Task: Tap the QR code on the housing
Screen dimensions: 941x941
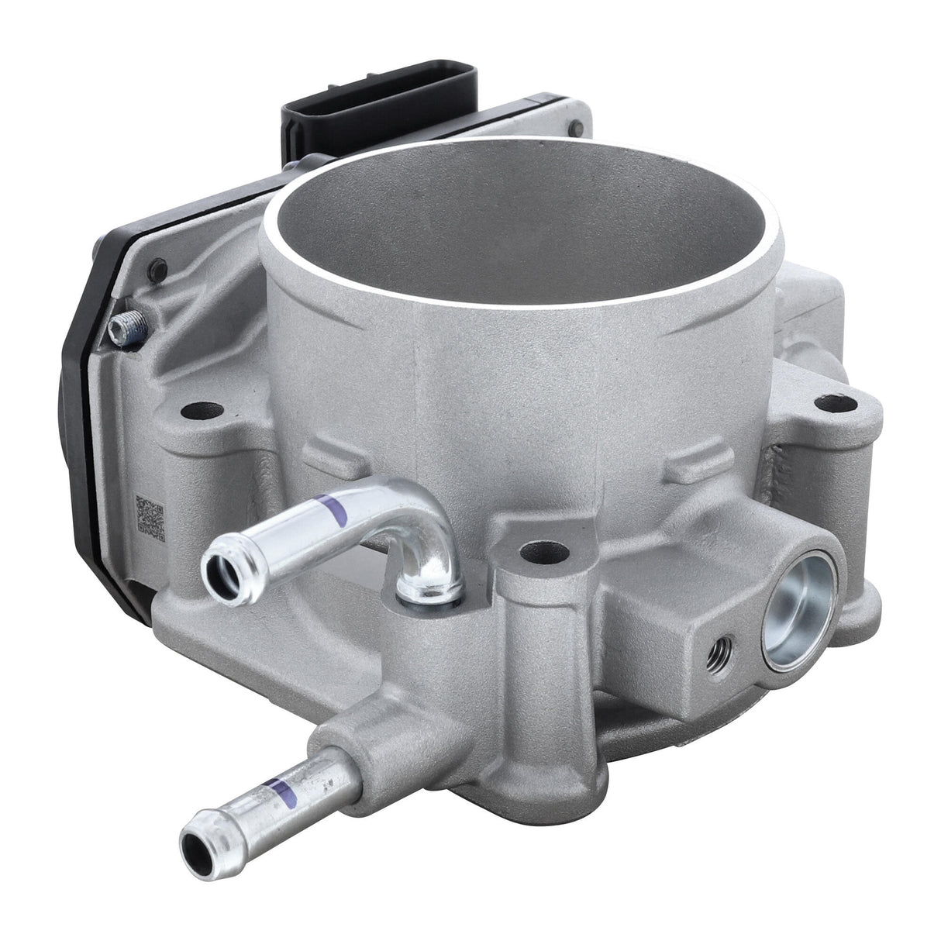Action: click(150, 518)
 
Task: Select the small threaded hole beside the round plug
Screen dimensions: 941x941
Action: click(722, 641)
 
